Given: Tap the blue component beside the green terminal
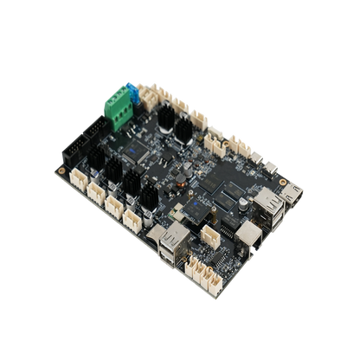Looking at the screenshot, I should coord(132,89).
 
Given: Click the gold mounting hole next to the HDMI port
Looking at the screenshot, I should coord(283,183).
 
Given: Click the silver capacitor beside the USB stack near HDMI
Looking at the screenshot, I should coord(245,202).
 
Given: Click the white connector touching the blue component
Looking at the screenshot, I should coord(144,93).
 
